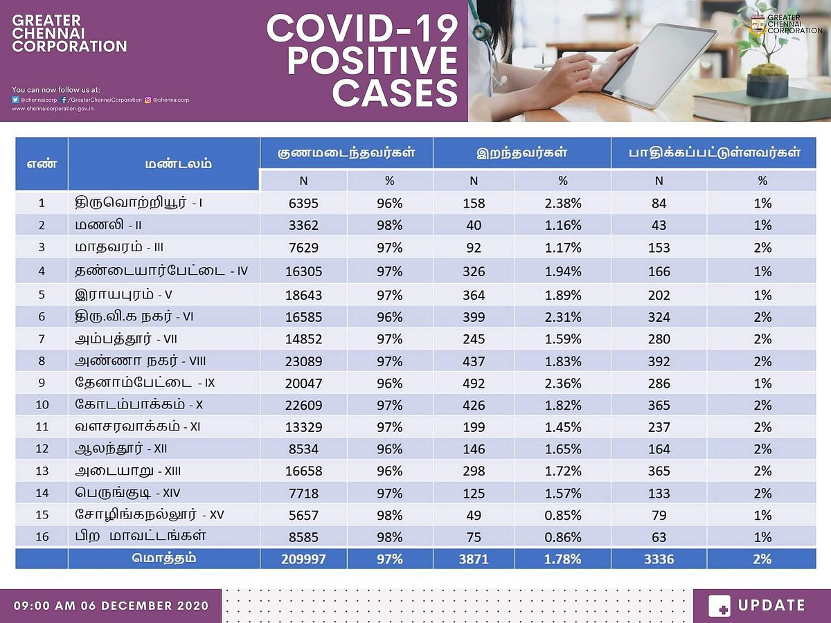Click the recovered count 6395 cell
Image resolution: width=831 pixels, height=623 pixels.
tap(303, 204)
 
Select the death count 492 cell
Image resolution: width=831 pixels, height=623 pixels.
tap(474, 383)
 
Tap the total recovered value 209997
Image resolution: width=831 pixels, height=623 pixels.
tap(303, 559)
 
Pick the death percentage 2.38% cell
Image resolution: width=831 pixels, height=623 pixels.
tap(562, 204)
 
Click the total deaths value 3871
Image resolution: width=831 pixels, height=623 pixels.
tap(474, 559)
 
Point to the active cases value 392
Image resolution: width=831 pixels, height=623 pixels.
tap(659, 361)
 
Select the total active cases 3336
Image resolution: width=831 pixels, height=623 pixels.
tap(659, 559)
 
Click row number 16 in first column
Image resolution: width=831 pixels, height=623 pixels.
tap(42, 536)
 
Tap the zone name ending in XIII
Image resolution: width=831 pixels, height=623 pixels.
tap(129, 471)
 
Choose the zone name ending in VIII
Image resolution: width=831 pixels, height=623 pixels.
tap(141, 361)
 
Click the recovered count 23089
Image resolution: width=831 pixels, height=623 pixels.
tap(303, 361)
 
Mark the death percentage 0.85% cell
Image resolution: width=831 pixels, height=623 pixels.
tap(562, 515)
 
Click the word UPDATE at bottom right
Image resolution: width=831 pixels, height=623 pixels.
tap(771, 606)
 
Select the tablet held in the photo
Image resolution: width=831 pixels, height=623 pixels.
tap(658, 66)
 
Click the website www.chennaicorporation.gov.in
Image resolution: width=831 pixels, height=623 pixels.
tap(53, 109)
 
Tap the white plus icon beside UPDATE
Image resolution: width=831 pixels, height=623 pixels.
tap(720, 606)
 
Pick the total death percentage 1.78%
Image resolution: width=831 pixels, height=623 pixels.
tap(562, 559)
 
